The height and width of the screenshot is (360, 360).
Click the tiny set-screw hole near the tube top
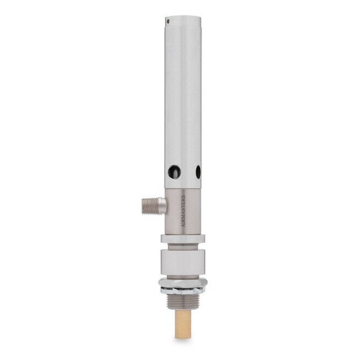(x=168, y=22)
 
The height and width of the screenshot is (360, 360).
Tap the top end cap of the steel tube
(x=183, y=18)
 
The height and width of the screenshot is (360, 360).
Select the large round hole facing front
(x=174, y=171)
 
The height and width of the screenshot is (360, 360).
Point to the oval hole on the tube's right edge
(x=198, y=172)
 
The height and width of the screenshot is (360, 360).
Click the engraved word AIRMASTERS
(x=184, y=210)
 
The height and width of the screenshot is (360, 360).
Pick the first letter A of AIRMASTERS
(x=184, y=225)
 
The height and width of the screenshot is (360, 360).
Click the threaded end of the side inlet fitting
(x=147, y=206)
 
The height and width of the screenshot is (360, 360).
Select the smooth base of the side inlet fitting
(x=160, y=206)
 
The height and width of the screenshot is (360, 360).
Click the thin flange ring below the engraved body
(x=183, y=239)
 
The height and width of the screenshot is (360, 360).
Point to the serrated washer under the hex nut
(x=183, y=291)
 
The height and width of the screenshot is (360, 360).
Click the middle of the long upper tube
(x=183, y=99)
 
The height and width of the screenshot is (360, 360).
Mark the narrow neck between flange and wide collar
(x=183, y=246)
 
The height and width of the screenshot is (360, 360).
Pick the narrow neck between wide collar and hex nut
(x=183, y=276)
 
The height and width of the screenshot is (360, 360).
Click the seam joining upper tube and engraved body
(x=183, y=189)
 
